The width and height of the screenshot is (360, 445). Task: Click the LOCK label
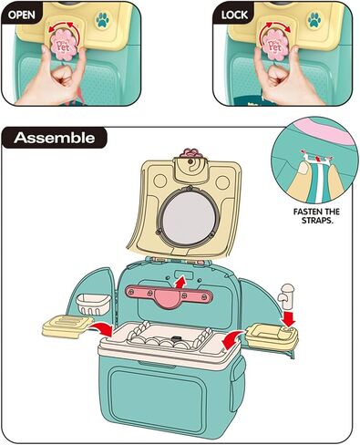237,15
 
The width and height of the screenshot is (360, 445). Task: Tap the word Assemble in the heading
56,139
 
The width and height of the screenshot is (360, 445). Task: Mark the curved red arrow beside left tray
102,326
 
